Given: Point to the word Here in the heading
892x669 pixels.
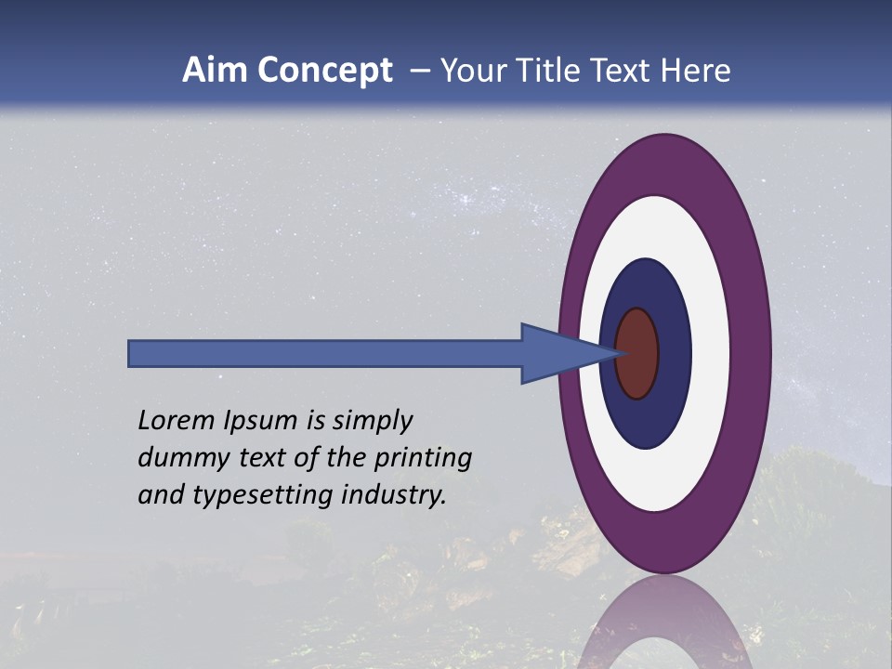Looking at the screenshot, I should tap(696, 71).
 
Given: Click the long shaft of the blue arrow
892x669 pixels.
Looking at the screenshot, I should tap(325, 353).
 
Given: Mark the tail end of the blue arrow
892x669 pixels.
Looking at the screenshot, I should tap(131, 353).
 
